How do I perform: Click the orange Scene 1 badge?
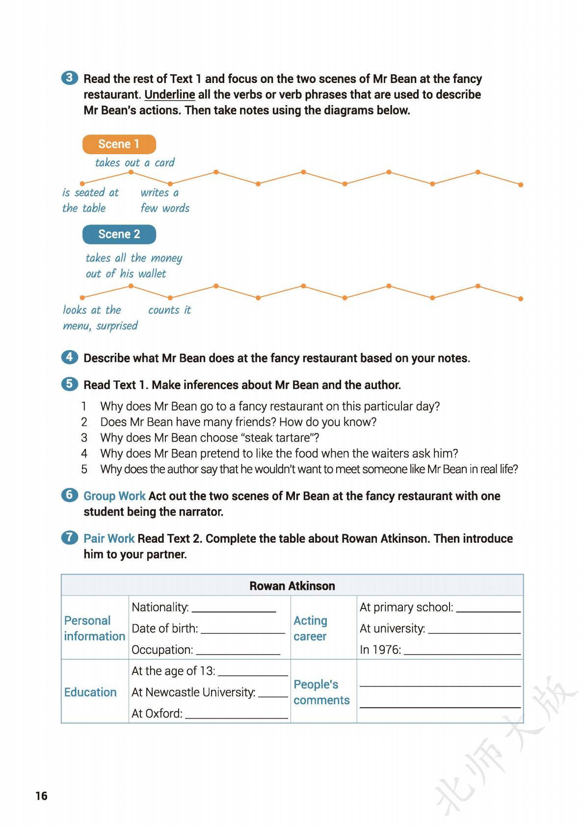click(119, 144)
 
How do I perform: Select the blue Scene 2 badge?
click(119, 234)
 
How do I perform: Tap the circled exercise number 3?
click(70, 78)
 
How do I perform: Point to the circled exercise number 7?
click(70, 537)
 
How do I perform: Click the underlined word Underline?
click(169, 95)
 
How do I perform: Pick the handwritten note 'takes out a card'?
click(134, 163)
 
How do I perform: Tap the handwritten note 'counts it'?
click(169, 310)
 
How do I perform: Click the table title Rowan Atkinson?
click(292, 586)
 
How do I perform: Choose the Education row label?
click(90, 692)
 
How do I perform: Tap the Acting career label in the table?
click(310, 628)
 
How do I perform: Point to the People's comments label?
click(321, 692)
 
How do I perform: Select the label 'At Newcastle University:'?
click(193, 692)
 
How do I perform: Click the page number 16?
click(41, 796)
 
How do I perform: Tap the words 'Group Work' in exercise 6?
click(114, 496)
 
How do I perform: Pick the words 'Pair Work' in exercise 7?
click(109, 538)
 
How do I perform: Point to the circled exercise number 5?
click(70, 384)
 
